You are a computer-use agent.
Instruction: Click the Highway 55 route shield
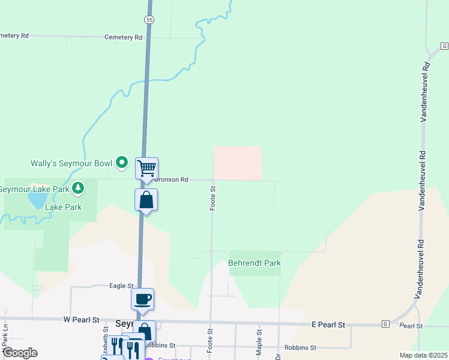click(149, 20)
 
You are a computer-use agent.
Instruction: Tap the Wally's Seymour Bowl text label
click(71, 163)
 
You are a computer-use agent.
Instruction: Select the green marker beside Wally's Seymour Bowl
click(122, 162)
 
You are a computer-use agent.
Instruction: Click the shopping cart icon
click(146, 169)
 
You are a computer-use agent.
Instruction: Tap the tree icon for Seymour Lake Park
click(77, 188)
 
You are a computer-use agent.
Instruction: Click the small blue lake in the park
click(37, 199)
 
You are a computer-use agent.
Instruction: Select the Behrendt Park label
click(255, 263)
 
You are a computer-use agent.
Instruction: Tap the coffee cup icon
click(143, 298)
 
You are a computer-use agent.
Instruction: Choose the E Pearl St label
click(328, 325)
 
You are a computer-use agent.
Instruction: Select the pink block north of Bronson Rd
click(238, 163)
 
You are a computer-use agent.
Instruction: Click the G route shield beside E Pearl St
click(385, 324)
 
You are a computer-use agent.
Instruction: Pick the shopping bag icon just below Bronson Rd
click(146, 200)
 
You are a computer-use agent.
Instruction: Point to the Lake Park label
click(64, 207)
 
